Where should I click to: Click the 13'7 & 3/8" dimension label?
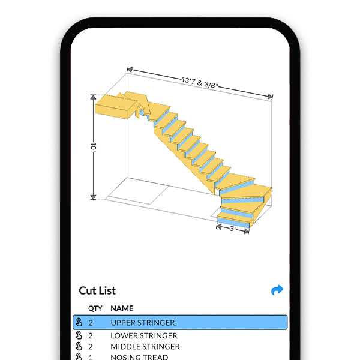(x=200, y=82)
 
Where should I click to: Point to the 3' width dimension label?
(x=233, y=228)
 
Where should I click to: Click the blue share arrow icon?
(x=277, y=290)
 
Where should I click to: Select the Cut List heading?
(x=97, y=291)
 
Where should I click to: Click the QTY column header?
(x=95, y=308)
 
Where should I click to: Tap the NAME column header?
(x=122, y=308)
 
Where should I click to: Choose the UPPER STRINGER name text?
(x=143, y=323)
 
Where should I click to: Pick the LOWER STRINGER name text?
(x=144, y=336)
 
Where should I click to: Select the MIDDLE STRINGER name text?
(x=145, y=347)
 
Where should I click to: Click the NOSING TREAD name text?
(x=140, y=357)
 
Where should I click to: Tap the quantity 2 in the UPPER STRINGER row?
(x=91, y=323)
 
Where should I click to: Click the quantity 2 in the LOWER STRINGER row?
(x=91, y=336)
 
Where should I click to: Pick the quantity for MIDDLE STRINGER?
(x=91, y=347)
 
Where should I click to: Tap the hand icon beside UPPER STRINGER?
(x=79, y=323)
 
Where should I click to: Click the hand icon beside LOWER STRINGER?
(x=79, y=336)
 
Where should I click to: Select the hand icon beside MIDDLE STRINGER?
(x=79, y=347)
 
